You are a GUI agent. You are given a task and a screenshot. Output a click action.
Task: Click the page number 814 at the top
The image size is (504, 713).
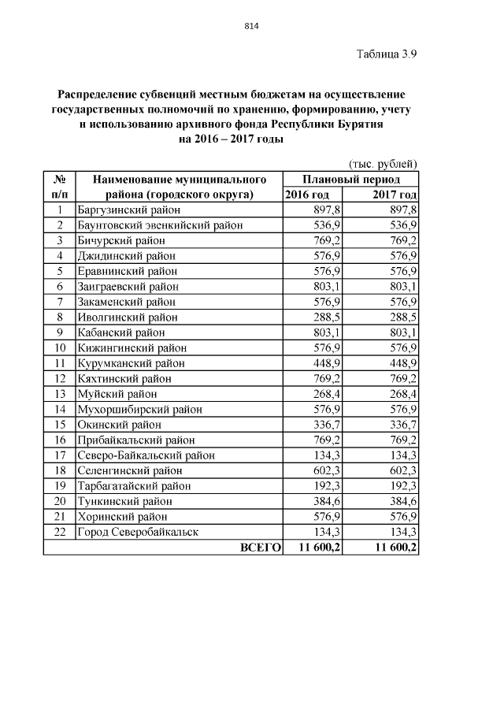(252, 26)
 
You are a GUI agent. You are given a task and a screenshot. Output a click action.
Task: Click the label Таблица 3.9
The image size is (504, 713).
(386, 54)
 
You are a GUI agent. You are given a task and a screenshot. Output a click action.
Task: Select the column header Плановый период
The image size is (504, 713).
(350, 179)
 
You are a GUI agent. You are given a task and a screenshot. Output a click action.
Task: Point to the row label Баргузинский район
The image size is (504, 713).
(128, 210)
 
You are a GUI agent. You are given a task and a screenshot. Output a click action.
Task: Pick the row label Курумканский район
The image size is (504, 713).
(131, 363)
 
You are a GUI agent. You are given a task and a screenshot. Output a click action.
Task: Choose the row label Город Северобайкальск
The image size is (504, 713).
(138, 532)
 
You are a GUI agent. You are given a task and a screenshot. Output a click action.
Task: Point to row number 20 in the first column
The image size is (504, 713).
(59, 501)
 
